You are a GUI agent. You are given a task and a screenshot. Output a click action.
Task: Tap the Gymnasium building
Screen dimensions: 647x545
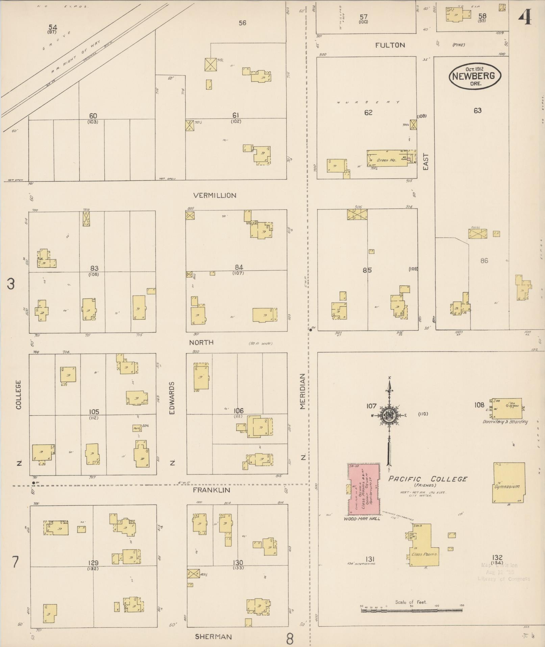point(509,483)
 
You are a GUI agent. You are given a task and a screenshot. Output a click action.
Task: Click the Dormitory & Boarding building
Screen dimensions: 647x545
point(506,408)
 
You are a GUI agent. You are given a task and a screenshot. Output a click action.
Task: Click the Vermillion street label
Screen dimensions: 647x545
point(215,195)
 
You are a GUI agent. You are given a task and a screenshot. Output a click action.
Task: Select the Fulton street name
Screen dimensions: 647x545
point(390,45)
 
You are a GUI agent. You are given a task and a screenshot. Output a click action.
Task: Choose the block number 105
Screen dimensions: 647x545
point(94,412)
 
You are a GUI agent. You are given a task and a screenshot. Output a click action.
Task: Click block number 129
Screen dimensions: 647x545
point(93,563)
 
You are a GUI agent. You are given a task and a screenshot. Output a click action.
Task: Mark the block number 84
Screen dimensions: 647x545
point(239,268)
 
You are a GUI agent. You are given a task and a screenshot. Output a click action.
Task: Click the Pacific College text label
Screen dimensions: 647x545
point(427,479)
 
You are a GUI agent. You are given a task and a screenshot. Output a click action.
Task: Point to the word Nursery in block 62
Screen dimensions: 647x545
point(368,102)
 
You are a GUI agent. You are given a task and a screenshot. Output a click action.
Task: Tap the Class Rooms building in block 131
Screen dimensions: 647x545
point(424,545)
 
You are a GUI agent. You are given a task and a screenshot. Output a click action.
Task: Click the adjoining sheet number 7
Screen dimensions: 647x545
point(15,562)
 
